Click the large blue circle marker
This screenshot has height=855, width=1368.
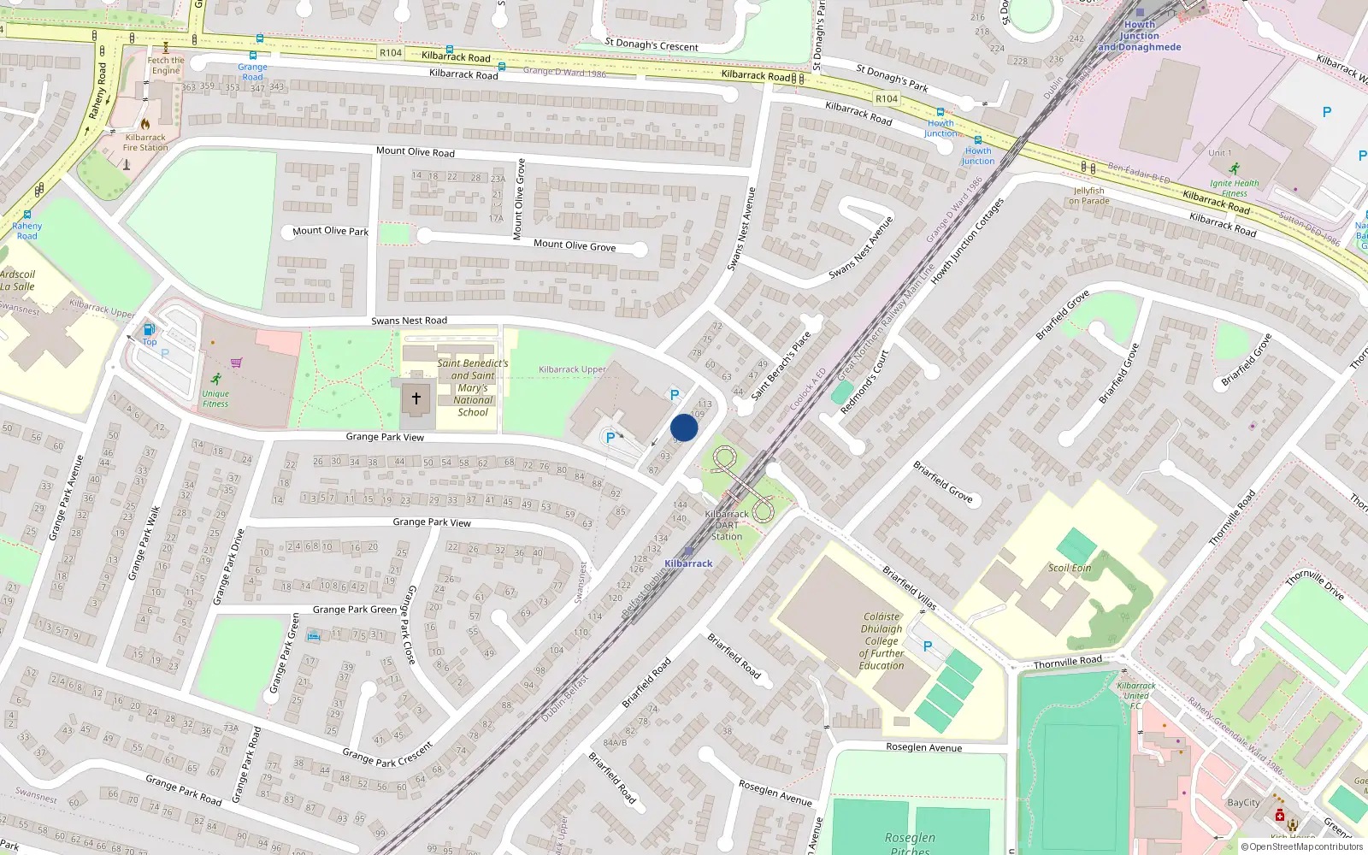click(684, 427)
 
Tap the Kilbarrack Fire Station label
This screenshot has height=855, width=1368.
click(145, 142)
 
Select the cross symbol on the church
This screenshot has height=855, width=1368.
click(416, 398)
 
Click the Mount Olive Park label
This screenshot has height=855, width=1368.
click(330, 231)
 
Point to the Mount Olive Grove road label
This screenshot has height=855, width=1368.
click(575, 245)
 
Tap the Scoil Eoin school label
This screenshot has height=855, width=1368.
click(1070, 568)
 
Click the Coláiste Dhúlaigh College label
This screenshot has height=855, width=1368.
click(882, 640)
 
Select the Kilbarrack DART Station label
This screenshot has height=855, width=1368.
click(727, 525)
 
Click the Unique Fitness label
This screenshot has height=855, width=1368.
click(215, 398)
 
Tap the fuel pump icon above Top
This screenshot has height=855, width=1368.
click(149, 329)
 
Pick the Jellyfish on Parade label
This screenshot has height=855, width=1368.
click(1088, 196)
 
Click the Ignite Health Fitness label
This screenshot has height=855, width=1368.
click(1234, 188)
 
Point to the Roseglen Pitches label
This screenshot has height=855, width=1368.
click(910, 843)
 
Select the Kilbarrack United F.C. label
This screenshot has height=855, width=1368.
click(1136, 695)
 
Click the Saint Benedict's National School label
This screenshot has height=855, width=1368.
click(473, 387)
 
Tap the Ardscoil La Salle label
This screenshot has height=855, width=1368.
click(17, 280)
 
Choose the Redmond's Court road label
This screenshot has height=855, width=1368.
click(864, 382)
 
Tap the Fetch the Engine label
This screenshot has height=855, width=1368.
click(166, 65)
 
